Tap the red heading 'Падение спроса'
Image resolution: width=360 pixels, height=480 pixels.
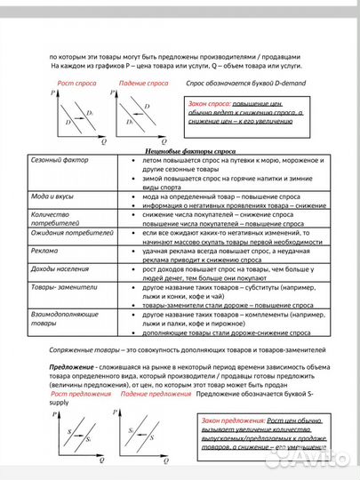142,82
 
